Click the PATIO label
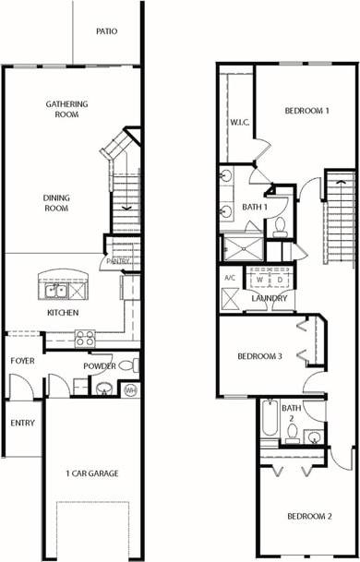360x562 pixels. coord(106,30)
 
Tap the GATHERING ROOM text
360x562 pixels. coord(67,109)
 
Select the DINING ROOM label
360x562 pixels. coord(56,202)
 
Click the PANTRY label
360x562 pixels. coord(118,261)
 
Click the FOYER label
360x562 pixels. coord(22,360)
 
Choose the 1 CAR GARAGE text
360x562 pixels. coord(91,473)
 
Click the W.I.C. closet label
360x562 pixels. coord(237,123)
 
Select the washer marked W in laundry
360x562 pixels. coord(260,278)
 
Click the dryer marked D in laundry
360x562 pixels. coord(278,278)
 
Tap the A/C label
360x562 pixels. coord(230,277)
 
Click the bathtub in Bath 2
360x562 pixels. coord(269,424)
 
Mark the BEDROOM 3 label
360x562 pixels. coord(259,356)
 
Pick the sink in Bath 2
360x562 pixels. coord(315,436)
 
